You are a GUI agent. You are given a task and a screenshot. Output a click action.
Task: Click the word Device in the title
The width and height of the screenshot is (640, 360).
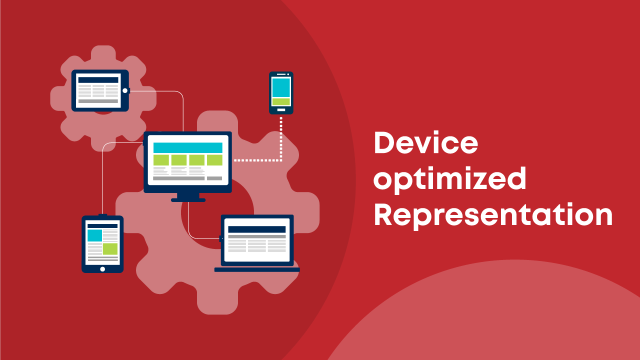pyautogui.click(x=425, y=142)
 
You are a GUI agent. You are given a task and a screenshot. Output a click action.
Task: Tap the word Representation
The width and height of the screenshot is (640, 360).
pyautogui.click(x=493, y=215)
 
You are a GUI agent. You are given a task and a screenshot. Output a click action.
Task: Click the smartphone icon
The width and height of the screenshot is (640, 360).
pyautogui.click(x=281, y=93)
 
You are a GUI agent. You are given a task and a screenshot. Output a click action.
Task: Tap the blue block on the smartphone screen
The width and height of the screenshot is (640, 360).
pyautogui.click(x=281, y=87)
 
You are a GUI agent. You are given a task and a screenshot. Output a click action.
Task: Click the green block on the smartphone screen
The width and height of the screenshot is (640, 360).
pyautogui.click(x=281, y=101)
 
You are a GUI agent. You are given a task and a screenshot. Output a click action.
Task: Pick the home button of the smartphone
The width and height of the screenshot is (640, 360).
pyautogui.click(x=281, y=110)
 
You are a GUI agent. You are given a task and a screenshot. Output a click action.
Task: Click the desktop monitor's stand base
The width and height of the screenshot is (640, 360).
pyautogui.click(x=188, y=200)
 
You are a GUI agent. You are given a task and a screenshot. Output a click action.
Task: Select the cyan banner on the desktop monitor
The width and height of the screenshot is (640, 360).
pyautogui.click(x=187, y=147)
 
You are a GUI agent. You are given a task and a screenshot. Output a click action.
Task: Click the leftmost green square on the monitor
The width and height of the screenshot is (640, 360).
pyautogui.click(x=161, y=160)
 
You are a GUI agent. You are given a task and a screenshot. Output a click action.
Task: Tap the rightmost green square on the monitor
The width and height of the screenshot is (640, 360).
pyautogui.click(x=214, y=160)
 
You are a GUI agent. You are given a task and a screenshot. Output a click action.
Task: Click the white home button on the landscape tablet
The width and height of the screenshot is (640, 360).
pyautogui.click(x=125, y=90)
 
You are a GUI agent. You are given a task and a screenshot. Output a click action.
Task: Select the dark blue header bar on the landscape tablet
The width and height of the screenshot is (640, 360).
pyautogui.click(x=98, y=80)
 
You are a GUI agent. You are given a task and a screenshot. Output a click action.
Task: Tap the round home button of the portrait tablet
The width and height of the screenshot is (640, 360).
pyautogui.click(x=102, y=269)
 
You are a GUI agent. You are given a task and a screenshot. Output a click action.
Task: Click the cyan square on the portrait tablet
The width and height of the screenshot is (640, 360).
pyautogui.click(x=95, y=235)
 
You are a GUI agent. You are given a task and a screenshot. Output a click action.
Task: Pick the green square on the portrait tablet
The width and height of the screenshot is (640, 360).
pyautogui.click(x=110, y=249)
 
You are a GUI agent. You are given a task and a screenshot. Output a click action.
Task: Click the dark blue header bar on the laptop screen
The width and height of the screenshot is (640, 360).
pyautogui.click(x=257, y=229)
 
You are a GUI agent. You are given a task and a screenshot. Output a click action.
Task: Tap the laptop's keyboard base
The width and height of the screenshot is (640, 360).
pyautogui.click(x=257, y=269)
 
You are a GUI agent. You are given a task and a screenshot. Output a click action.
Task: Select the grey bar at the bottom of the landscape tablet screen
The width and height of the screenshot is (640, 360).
pyautogui.click(x=98, y=101)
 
